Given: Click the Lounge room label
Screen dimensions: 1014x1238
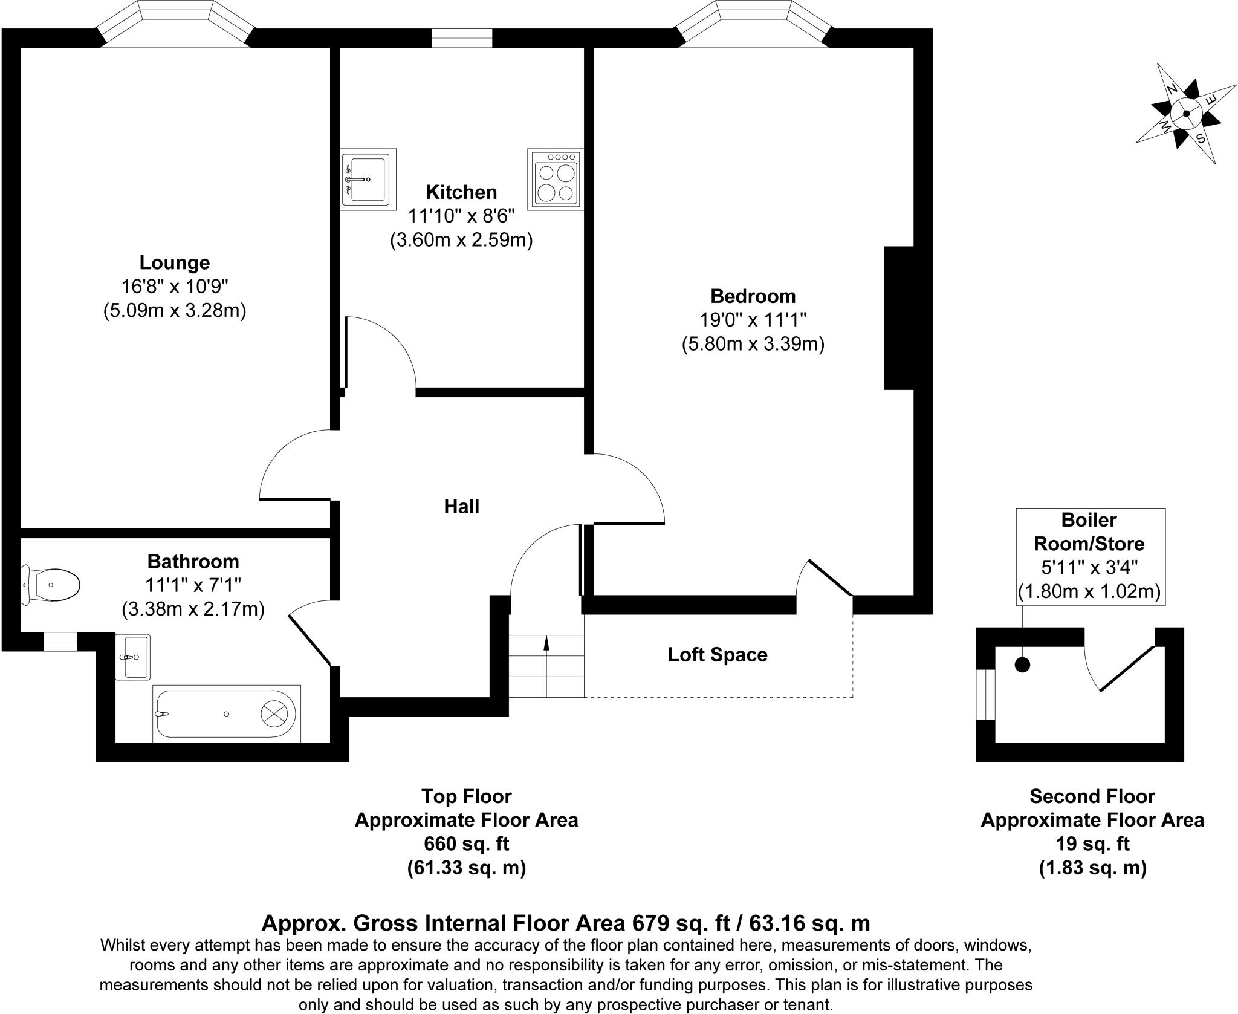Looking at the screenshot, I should click(x=175, y=262).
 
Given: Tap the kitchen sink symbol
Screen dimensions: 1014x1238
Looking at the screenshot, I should click(x=368, y=179).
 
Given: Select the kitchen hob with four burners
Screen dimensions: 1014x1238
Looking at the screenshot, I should click(x=556, y=179).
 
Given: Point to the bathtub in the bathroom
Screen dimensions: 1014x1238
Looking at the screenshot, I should click(x=226, y=713).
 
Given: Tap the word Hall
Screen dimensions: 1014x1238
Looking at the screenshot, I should click(x=461, y=507).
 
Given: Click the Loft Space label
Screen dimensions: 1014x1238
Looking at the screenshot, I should click(x=717, y=655).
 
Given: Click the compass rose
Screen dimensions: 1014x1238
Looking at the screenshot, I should click(x=1185, y=114).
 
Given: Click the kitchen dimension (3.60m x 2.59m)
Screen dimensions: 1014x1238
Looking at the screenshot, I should click(x=461, y=240).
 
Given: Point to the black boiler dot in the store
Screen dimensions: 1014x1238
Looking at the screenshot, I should click(x=1022, y=665).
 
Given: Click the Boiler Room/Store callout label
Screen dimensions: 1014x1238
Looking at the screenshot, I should click(x=1089, y=531).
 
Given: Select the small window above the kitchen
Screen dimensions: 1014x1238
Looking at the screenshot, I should click(x=462, y=38).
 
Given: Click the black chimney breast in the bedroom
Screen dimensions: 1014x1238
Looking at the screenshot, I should click(x=898, y=317).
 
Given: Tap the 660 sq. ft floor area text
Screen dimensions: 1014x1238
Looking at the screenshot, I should click(x=466, y=843).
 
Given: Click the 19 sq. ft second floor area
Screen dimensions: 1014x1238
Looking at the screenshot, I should click(x=1092, y=843).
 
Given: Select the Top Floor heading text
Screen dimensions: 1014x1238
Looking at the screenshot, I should click(x=466, y=796).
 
